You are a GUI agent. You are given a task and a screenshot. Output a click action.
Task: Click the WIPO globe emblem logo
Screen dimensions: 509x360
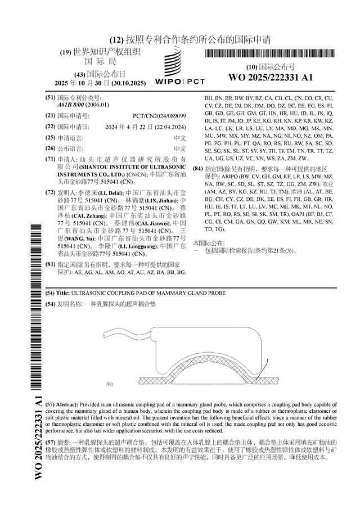tap(179, 62)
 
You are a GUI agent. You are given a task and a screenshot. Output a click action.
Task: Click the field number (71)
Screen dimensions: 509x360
tap(50, 160)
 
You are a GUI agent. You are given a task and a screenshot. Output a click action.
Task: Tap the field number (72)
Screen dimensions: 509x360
tap(50, 192)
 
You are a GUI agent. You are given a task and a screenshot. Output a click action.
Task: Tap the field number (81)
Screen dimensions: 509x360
tap(50, 264)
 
